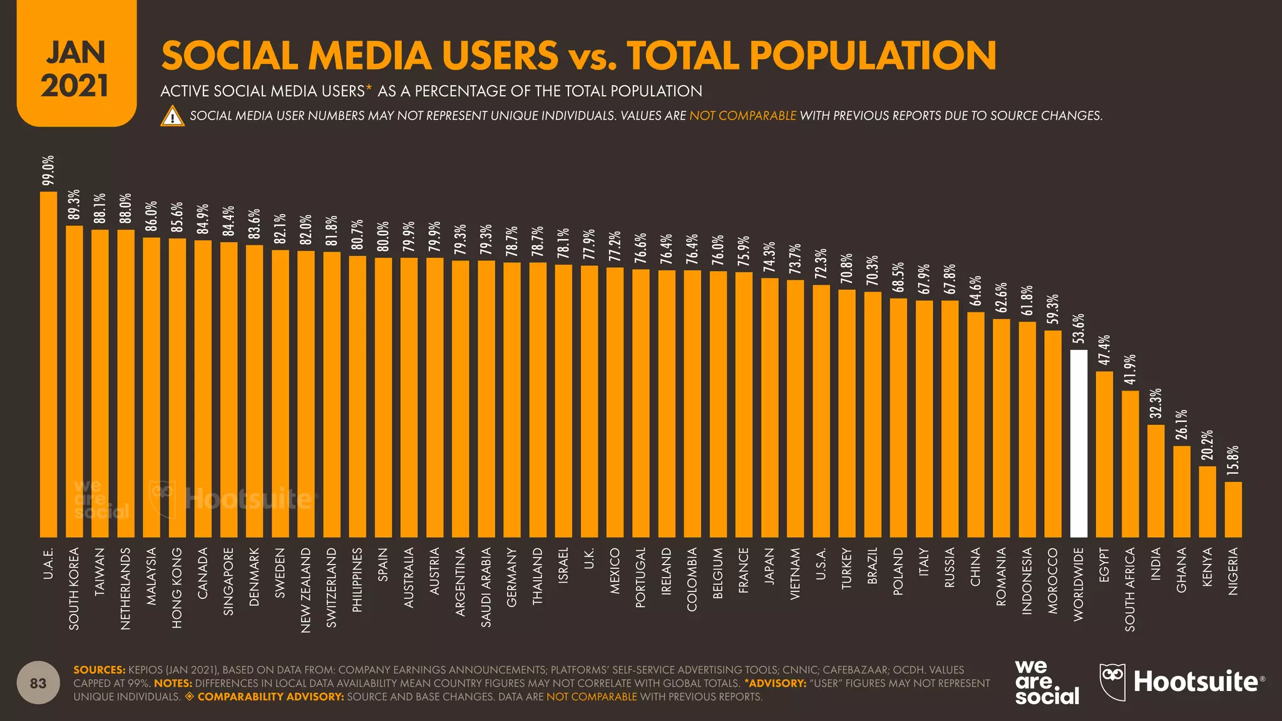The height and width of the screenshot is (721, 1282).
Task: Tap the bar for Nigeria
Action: pos(1233,509)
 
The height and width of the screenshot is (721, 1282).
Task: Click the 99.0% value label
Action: pos(48,170)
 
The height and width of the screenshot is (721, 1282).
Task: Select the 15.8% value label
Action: pos(1233,461)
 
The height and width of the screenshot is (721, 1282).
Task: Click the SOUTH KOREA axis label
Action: pos(74,588)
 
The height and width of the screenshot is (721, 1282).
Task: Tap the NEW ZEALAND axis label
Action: pos(305,590)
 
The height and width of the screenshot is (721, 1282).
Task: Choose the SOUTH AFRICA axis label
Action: pos(1130,589)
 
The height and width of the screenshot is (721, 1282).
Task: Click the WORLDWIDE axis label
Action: pos(1079,584)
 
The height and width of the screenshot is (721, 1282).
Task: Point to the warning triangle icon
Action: pos(172,116)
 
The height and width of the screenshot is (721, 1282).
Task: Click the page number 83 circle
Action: pos(38,683)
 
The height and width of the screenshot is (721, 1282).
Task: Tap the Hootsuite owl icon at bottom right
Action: pos(1112,682)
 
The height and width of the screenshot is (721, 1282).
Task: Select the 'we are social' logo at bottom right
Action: pos(1047,682)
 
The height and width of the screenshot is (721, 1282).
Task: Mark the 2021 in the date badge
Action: pos(75,86)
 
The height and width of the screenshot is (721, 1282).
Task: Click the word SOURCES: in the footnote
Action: pos(100,670)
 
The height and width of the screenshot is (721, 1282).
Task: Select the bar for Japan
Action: pos(769,407)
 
